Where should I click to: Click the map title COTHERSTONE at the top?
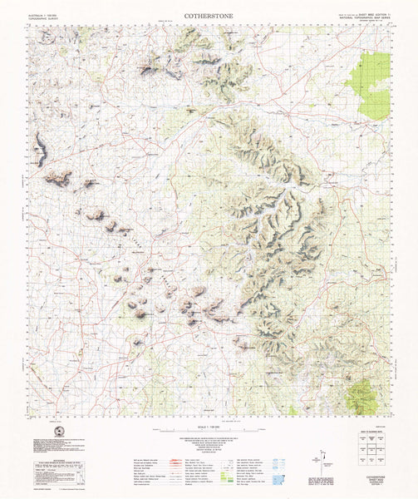209,9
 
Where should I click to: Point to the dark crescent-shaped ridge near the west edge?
39,150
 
